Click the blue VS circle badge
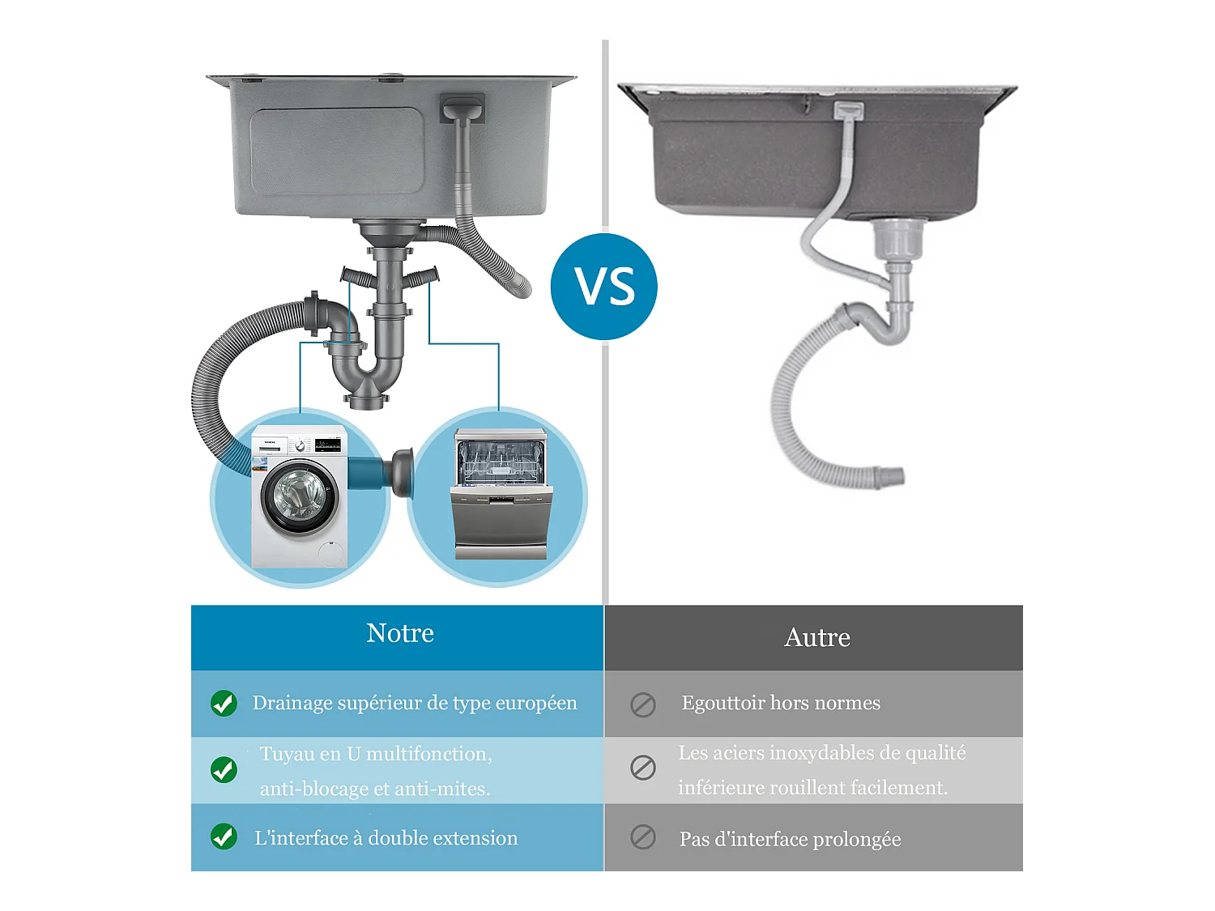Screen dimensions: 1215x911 click(603, 287)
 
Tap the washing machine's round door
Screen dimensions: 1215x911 click(298, 496)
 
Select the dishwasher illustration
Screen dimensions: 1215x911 click(501, 494)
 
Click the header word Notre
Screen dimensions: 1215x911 click(400, 633)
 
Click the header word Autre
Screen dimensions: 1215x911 click(817, 638)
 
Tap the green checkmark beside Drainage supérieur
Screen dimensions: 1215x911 click(224, 704)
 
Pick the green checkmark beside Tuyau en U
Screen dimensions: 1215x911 click(224, 769)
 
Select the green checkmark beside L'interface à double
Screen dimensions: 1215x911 click(224, 837)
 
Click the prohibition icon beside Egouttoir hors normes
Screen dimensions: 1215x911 click(643, 705)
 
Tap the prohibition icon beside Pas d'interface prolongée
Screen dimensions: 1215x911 click(643, 837)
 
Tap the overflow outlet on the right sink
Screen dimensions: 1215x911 click(848, 111)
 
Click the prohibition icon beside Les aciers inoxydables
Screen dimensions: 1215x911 click(643, 767)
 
